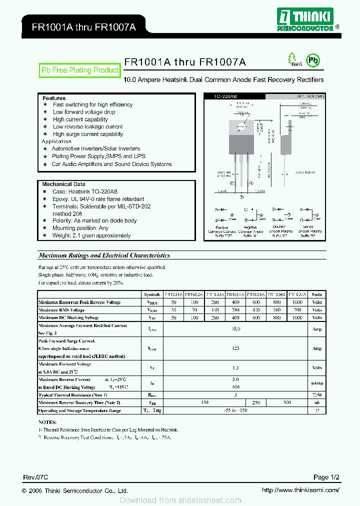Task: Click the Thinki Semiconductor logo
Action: point(304,19)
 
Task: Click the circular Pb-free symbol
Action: point(312,60)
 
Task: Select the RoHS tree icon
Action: point(292,59)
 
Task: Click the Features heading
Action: point(53,98)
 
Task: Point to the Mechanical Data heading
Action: point(63,184)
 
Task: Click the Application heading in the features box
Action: point(56,141)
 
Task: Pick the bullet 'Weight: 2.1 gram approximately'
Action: point(91,235)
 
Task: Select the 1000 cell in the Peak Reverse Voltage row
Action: point(297,302)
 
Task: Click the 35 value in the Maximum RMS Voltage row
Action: point(173,310)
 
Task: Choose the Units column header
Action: point(317,294)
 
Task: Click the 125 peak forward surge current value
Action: point(236,348)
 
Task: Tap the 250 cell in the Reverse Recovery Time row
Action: point(256,402)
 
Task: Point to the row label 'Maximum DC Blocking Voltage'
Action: point(68,317)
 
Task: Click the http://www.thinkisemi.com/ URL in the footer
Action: point(300,490)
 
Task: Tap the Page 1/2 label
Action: point(326,477)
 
